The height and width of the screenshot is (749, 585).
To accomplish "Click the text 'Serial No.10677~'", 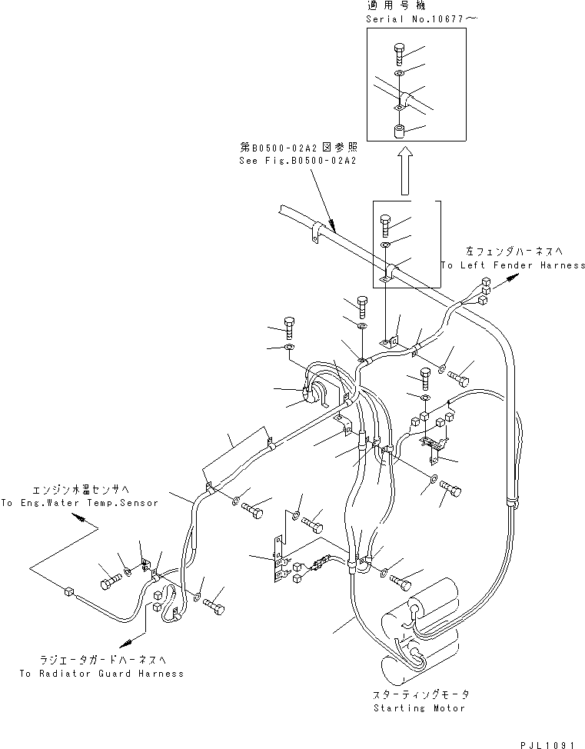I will (406, 18).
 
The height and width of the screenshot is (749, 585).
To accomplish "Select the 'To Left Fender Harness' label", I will (513, 265).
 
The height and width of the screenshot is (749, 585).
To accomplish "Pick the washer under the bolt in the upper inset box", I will (399, 73).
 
